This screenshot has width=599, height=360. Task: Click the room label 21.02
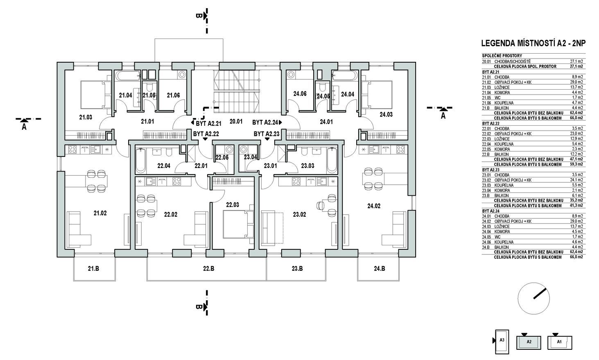[x=100, y=213]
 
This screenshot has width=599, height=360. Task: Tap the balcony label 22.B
[x=208, y=269]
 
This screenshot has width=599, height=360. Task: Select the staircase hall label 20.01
[x=236, y=121]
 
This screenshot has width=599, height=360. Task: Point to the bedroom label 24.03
[x=386, y=115]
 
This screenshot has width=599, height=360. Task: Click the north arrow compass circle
[x=533, y=297]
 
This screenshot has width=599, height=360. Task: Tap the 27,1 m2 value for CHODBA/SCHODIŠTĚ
[x=576, y=61]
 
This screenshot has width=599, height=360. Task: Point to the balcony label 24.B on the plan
[x=379, y=269]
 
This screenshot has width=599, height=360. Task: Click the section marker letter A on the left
[x=24, y=127]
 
